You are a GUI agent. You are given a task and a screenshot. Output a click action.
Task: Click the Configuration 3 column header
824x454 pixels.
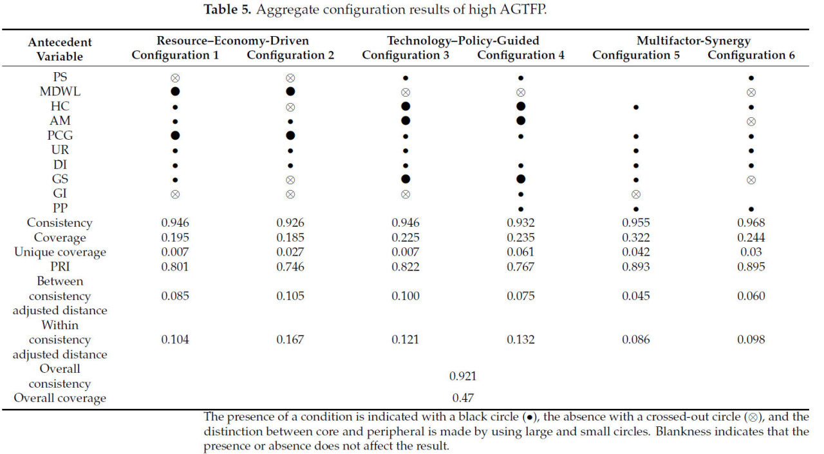(406, 55)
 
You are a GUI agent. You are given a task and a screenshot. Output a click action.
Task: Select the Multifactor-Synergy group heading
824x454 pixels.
(693, 41)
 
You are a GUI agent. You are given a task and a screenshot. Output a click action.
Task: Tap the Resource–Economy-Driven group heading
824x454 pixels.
(232, 41)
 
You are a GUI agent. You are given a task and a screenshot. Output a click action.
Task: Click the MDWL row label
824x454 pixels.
(60, 92)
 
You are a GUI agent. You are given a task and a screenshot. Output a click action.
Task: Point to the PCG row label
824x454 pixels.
(60, 135)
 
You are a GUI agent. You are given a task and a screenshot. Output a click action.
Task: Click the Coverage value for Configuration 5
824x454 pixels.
(636, 238)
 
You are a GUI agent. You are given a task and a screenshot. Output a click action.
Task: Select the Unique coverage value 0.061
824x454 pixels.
(521, 252)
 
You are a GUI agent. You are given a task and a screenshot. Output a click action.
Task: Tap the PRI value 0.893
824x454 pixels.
(636, 267)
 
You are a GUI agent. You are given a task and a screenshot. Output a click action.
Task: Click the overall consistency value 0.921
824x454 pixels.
(463, 376)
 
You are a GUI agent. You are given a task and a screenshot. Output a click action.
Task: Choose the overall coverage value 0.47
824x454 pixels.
(463, 398)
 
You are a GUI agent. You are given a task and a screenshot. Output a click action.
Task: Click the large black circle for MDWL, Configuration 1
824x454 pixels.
(175, 92)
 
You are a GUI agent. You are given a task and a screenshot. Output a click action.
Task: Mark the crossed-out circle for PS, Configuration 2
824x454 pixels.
(290, 77)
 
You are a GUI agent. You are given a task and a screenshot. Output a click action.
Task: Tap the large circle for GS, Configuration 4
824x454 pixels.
(521, 179)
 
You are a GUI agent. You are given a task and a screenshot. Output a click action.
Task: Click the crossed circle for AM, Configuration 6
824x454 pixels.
(751, 121)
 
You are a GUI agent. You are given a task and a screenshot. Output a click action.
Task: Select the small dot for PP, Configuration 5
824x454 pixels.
(636, 209)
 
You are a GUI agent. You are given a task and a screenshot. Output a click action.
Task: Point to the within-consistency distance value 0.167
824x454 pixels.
(290, 339)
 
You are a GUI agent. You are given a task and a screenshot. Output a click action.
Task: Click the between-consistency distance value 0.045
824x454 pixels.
(636, 296)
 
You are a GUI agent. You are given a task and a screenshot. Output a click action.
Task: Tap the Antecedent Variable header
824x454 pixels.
(60, 49)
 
